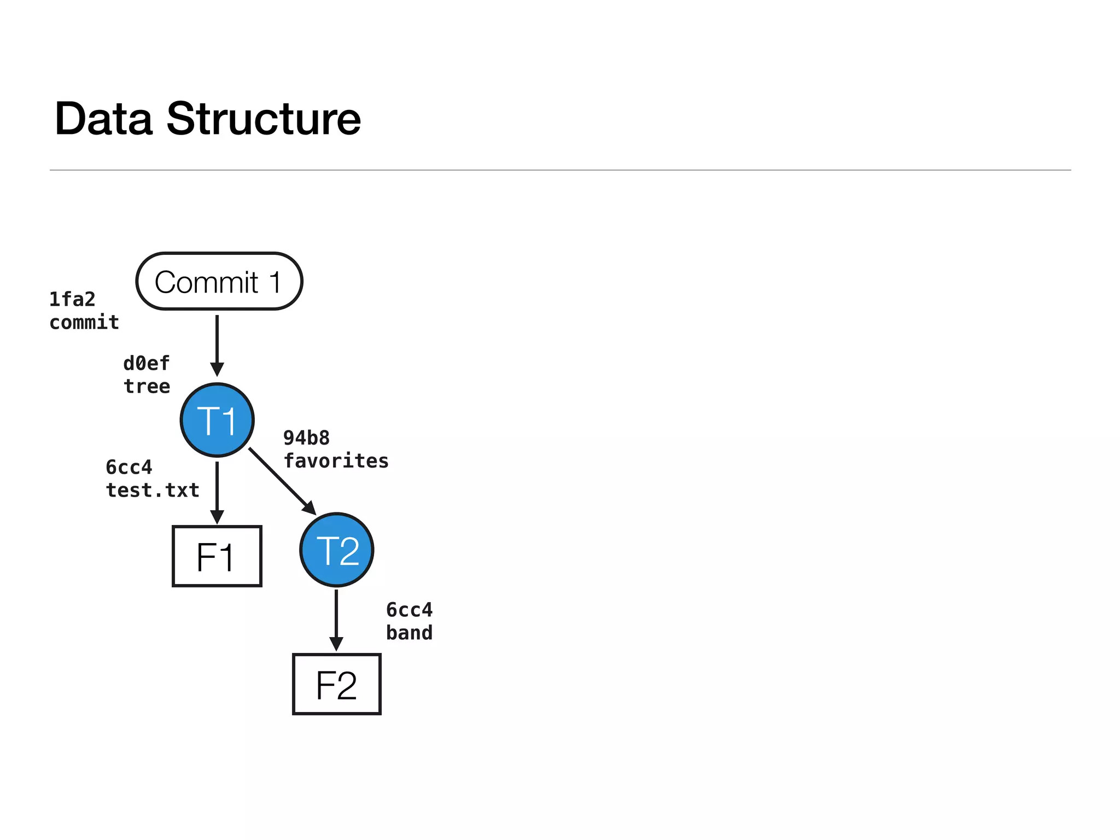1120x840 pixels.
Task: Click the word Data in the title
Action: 103,119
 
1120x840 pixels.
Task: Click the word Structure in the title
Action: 263,119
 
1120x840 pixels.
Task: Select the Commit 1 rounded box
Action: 219,282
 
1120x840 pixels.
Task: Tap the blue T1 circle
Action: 217,420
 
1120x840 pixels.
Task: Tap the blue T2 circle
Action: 337,550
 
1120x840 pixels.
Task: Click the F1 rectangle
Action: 217,556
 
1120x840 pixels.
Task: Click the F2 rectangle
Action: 336,684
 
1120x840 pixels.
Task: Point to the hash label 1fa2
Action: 72,299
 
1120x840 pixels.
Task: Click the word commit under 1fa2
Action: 84,322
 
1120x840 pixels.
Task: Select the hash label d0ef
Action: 147,363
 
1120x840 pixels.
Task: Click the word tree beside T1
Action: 147,386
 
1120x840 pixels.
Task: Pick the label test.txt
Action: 153,490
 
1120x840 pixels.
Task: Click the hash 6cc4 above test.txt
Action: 129,467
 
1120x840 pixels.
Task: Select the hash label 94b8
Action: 306,437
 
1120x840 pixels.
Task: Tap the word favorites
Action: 336,460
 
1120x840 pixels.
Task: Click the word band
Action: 409,633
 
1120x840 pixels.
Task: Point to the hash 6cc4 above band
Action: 409,609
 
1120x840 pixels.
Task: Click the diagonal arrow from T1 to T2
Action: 281,480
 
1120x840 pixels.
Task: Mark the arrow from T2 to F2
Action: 336,618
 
